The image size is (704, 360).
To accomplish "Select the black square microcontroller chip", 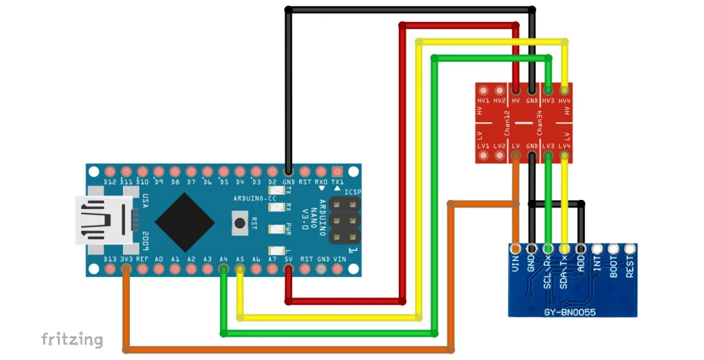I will [184, 221].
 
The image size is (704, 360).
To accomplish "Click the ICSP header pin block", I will [344, 221].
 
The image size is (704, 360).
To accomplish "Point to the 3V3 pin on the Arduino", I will [126, 270].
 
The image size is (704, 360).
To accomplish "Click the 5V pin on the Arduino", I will [288, 270].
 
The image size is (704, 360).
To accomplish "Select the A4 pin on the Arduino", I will [223, 270].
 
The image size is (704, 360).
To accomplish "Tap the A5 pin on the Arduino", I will [240, 270].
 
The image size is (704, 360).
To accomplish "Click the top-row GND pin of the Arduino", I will [288, 171].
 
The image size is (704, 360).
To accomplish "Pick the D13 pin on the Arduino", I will [109, 270].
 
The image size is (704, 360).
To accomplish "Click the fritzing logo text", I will [72, 339].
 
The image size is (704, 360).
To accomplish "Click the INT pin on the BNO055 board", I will [597, 249].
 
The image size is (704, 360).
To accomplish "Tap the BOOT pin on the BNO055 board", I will [614, 249].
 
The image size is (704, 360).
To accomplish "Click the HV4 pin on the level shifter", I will [564, 90].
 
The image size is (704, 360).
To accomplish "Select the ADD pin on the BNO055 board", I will [581, 249].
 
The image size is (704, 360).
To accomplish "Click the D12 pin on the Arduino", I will [109, 171].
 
